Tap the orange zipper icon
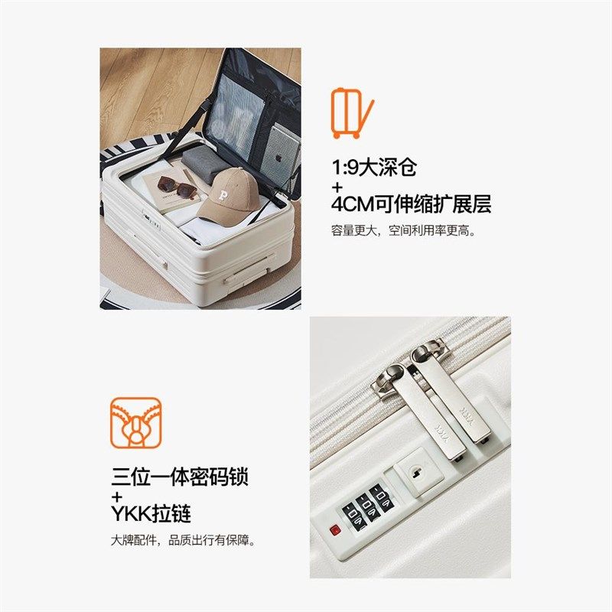click(x=135, y=423)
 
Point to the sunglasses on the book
click(x=176, y=187)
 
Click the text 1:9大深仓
click(x=374, y=168)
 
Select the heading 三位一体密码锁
click(x=180, y=478)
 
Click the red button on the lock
click(x=334, y=530)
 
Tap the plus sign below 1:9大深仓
click(x=337, y=186)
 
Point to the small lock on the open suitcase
click(x=153, y=225)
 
